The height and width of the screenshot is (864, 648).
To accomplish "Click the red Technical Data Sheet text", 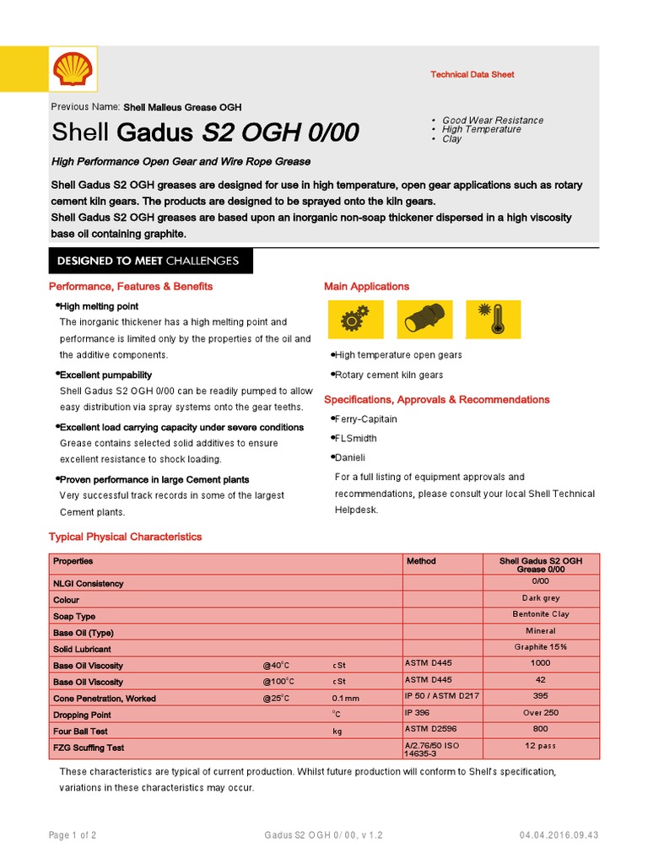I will pyautogui.click(x=472, y=75).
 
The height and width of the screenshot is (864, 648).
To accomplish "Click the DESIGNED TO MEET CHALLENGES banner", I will pyautogui.click(x=148, y=261).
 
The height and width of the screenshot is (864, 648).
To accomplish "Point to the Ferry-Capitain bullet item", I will pyautogui.click(x=365, y=419).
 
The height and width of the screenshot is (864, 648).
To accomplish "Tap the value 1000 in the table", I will pyautogui.click(x=540, y=664).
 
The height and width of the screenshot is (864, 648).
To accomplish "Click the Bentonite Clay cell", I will pyautogui.click(x=540, y=614).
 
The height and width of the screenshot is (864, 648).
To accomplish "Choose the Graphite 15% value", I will pyautogui.click(x=540, y=647).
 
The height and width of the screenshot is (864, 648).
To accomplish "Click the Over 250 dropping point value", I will pyautogui.click(x=540, y=713).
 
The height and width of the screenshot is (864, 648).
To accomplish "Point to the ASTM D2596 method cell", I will pyautogui.click(x=429, y=729).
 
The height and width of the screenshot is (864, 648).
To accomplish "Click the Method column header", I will pyautogui.click(x=422, y=560).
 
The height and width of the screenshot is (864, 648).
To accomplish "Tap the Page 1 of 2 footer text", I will pyautogui.click(x=73, y=836).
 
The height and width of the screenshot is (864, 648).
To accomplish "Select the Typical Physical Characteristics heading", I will pyautogui.click(x=126, y=537).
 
